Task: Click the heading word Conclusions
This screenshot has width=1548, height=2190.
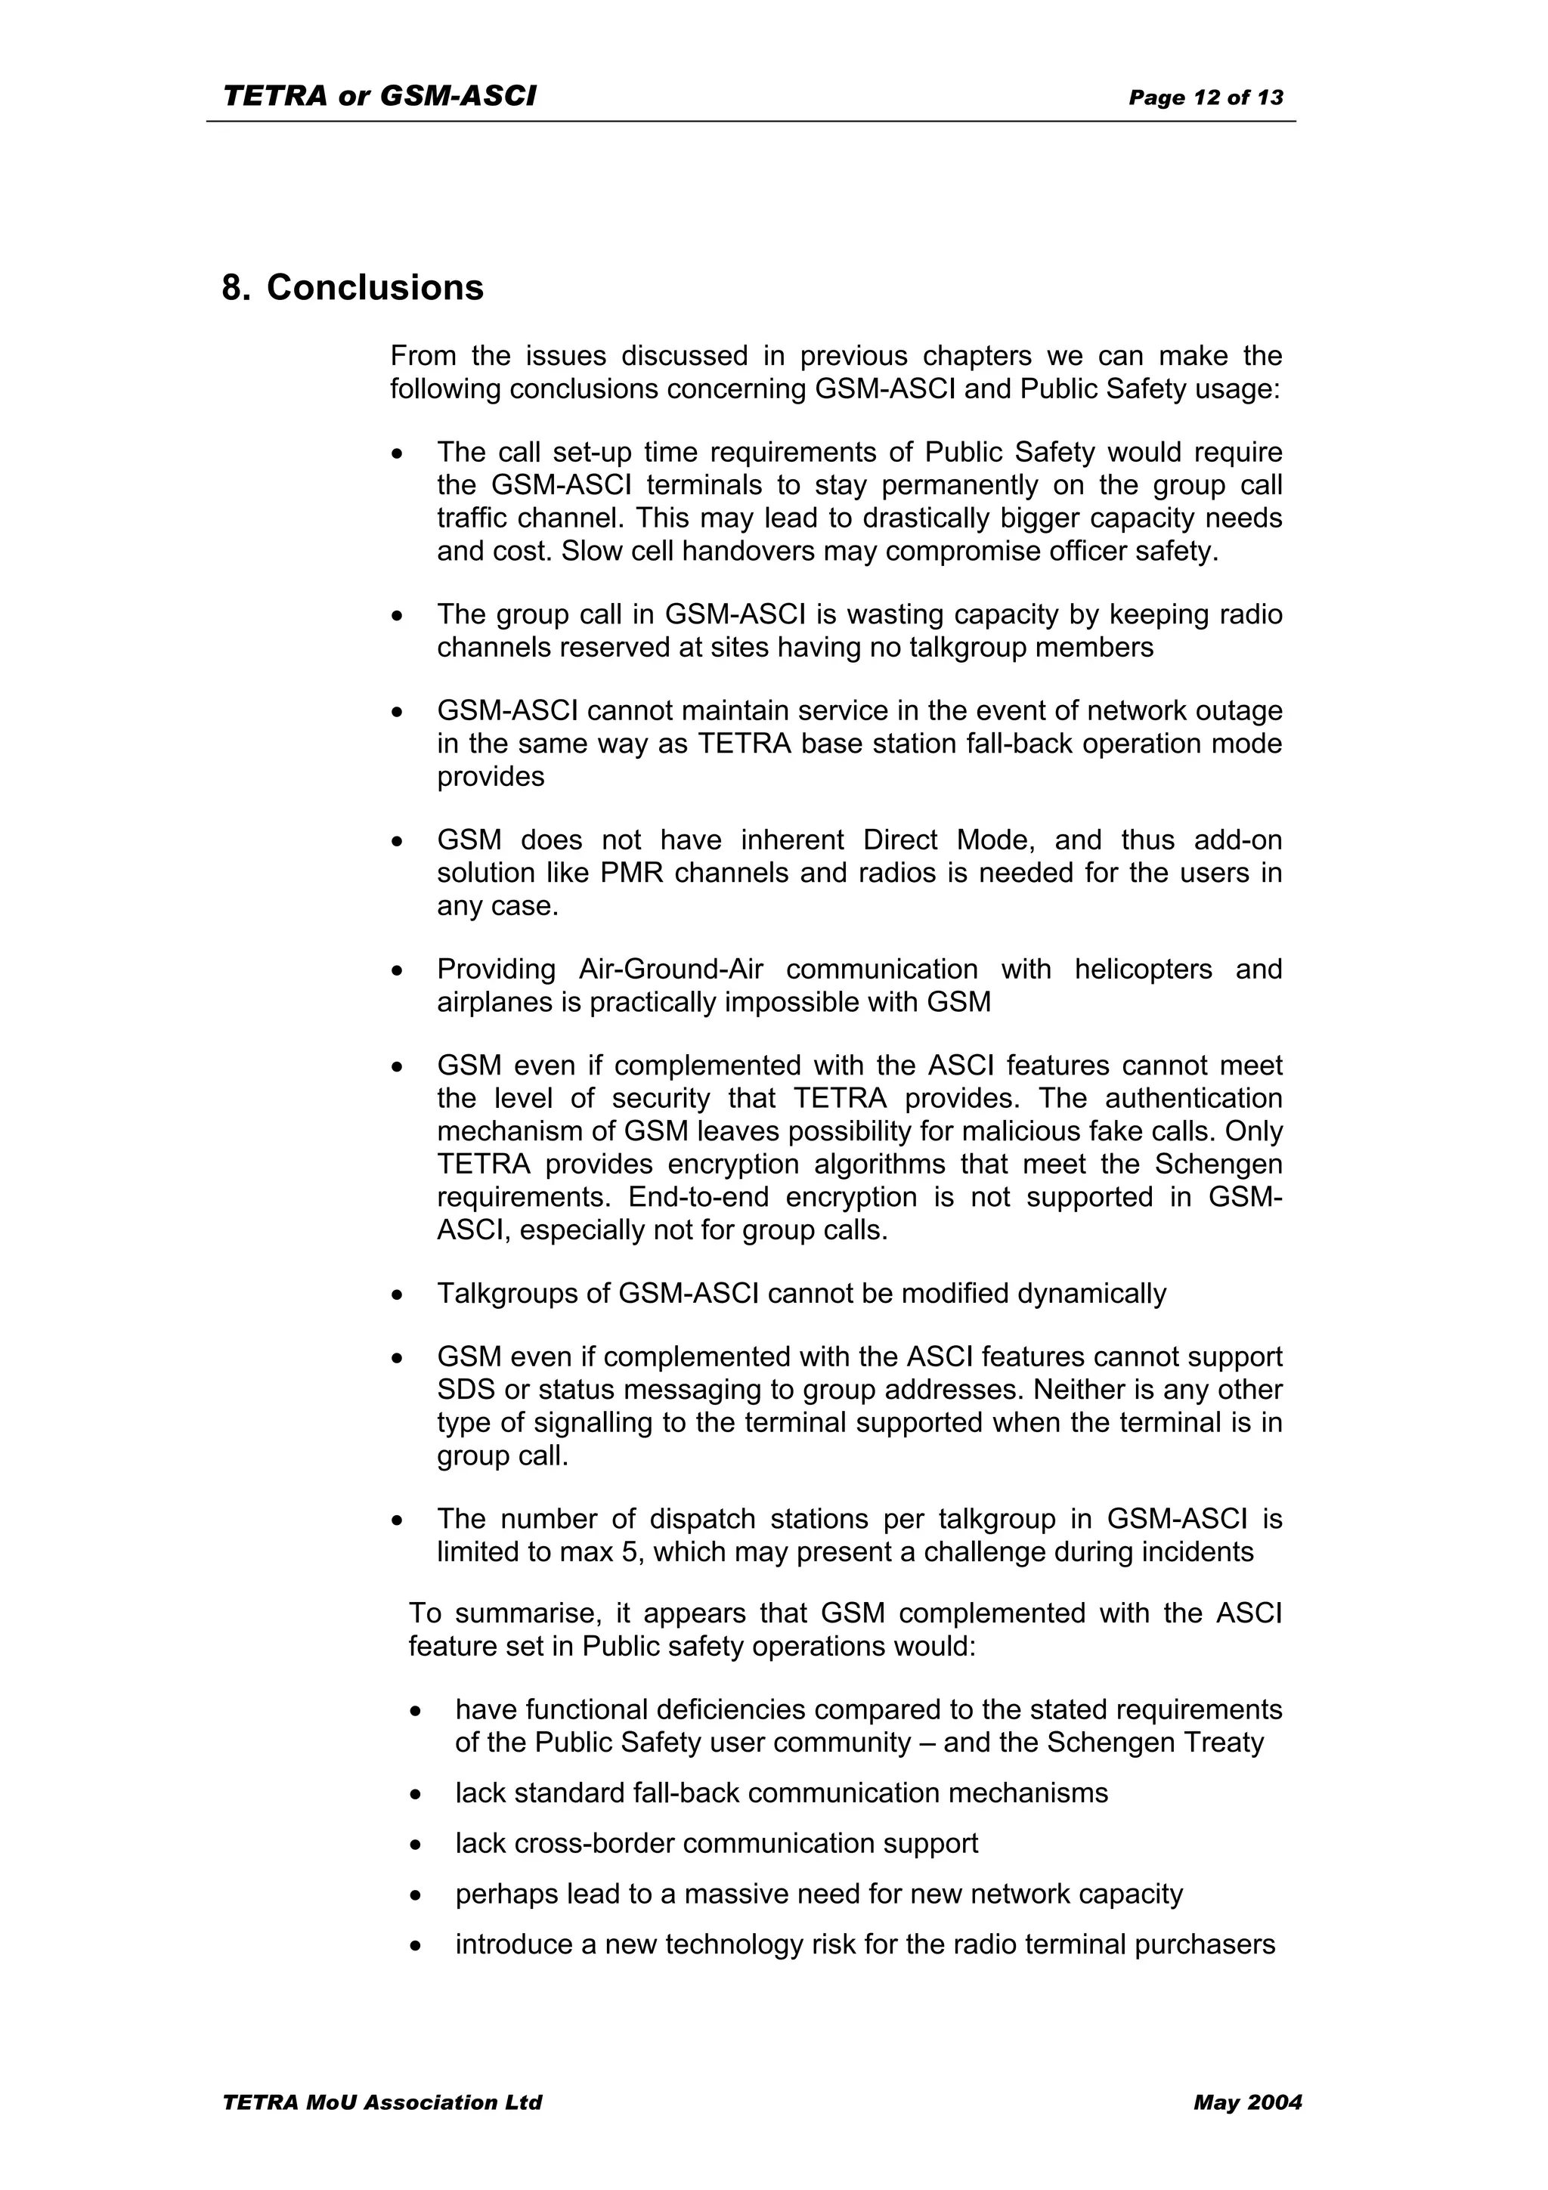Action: pyautogui.click(x=375, y=288)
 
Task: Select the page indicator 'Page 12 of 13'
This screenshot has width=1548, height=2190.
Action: pyautogui.click(x=1206, y=97)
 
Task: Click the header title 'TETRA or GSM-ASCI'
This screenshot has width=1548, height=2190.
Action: pyautogui.click(x=379, y=96)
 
